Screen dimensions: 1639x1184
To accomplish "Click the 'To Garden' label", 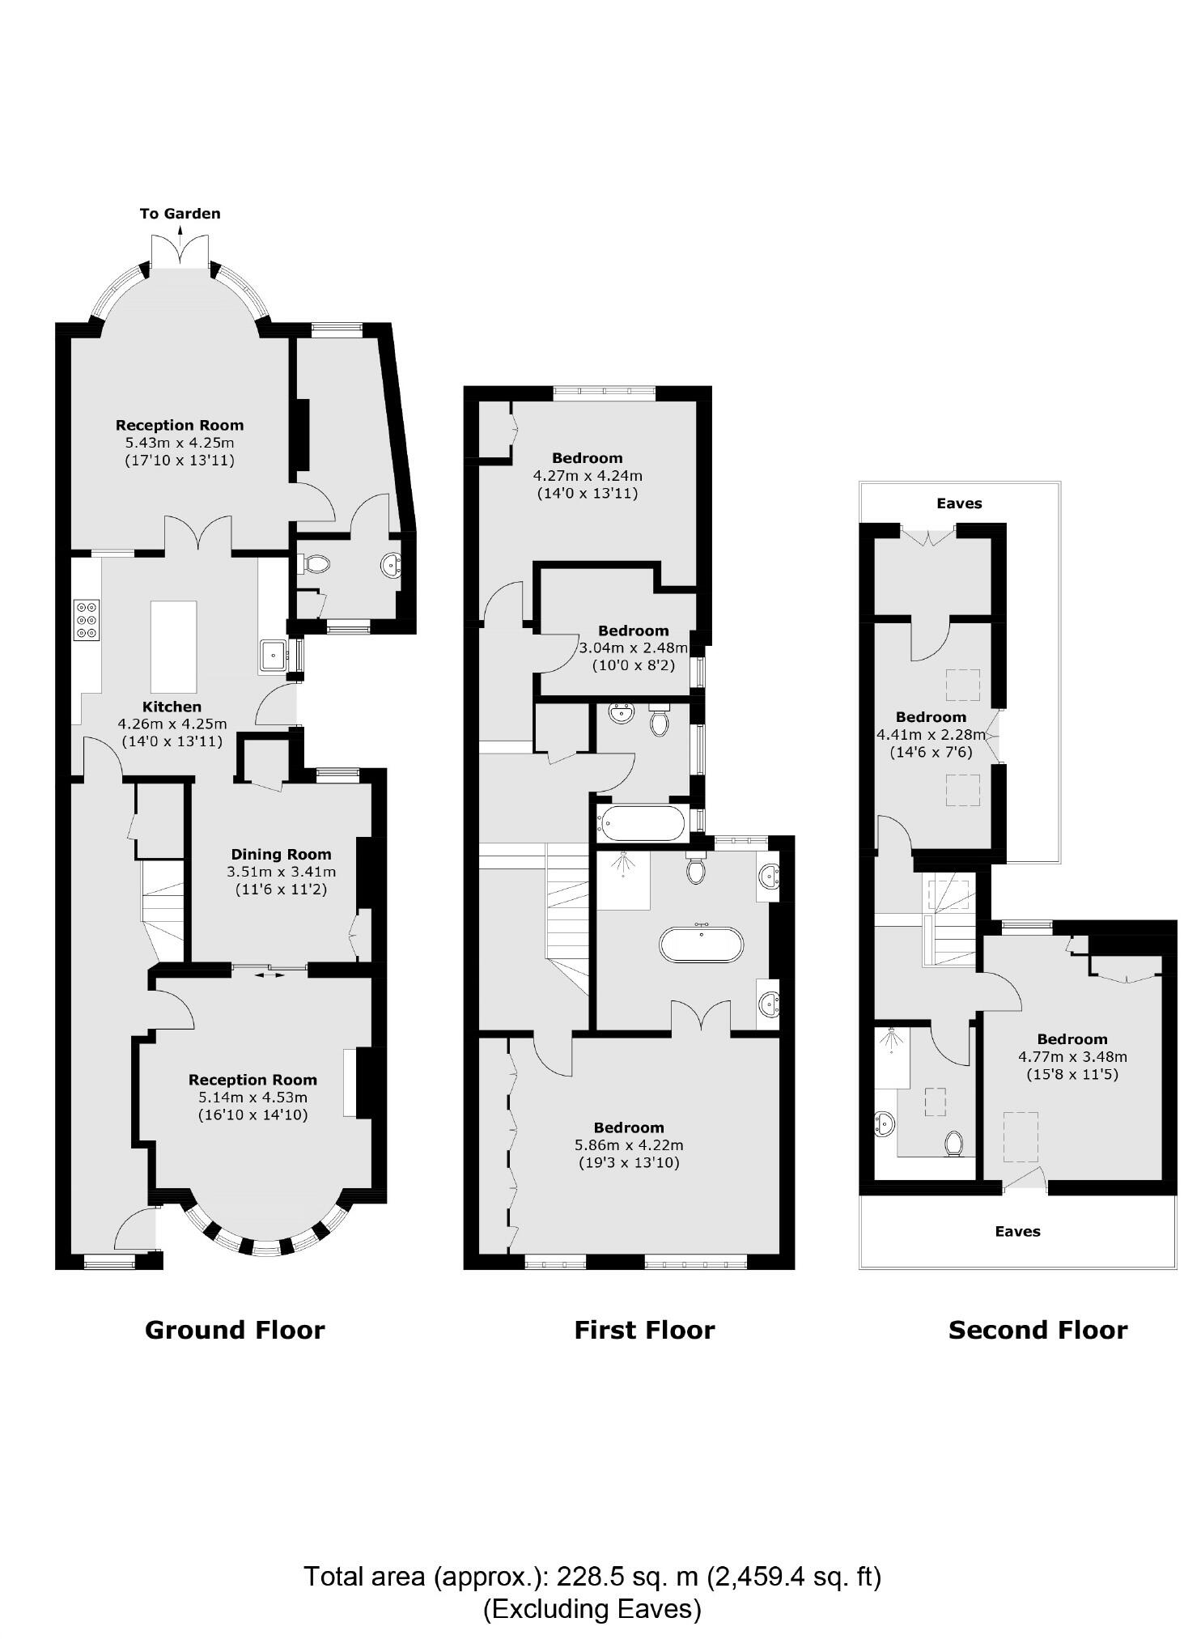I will pos(180,214).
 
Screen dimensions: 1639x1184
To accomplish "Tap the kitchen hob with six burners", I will pos(87,619).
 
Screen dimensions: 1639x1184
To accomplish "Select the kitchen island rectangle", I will pos(173,645).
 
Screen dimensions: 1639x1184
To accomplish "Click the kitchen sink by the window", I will pos(273,655).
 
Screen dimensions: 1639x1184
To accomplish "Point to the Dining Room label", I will pos(281,854).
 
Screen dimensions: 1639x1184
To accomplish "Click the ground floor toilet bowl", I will pos(315,563).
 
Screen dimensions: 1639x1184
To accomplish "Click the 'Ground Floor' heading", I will pos(235,1330).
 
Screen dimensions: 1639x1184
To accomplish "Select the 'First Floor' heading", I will pos(644,1330).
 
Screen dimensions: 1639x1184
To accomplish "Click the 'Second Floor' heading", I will pos(1038,1330).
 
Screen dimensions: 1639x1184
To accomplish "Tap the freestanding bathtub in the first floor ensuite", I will pos(701,945).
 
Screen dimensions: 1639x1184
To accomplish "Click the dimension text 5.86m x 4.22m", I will pos(629,1145).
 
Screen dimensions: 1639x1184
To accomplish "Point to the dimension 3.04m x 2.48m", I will pos(633,648).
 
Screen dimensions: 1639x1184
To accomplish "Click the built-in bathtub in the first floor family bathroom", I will pos(641,823).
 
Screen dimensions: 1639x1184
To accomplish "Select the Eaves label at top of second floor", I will pos(959,503).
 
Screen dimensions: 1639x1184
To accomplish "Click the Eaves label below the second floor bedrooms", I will pos(1017,1231).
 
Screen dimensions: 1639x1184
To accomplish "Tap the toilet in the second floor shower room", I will pos(953,1144).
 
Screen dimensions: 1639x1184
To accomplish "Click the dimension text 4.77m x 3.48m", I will pos(1072,1056).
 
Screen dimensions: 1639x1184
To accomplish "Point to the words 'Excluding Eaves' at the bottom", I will pos(592,1608).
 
